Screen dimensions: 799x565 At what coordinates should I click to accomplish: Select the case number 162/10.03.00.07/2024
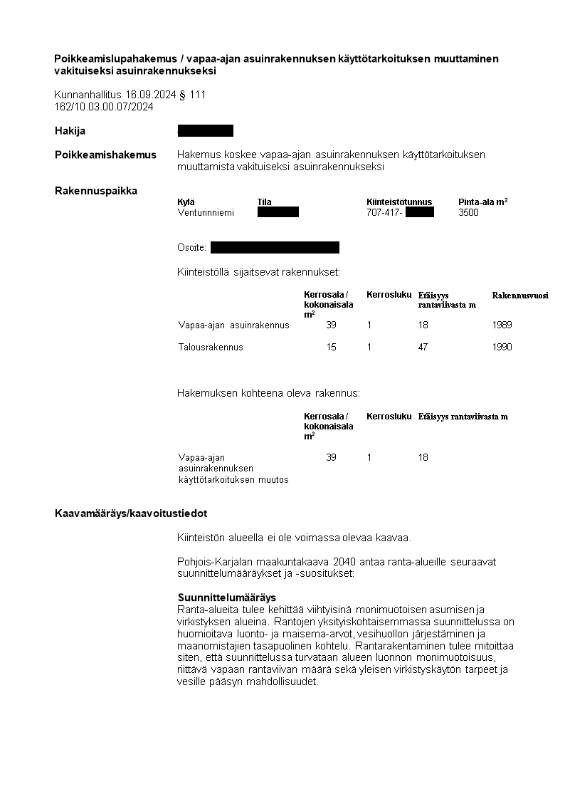click(104, 107)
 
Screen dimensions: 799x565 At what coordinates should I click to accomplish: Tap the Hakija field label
click(70, 131)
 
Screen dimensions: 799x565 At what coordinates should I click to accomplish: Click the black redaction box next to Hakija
click(206, 131)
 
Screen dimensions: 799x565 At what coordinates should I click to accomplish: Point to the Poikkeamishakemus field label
click(105, 155)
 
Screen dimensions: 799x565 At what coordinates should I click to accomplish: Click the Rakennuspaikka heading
click(96, 191)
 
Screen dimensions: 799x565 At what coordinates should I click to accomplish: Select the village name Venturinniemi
click(206, 212)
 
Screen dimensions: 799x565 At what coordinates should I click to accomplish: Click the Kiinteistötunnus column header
click(399, 202)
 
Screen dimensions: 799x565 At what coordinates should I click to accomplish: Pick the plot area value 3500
click(469, 212)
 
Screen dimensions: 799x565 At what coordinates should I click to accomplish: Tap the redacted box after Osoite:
click(275, 248)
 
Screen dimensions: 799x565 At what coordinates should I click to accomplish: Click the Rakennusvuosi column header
click(520, 295)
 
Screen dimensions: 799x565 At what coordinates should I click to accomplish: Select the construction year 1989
click(502, 325)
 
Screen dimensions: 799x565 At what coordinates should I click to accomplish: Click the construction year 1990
click(502, 348)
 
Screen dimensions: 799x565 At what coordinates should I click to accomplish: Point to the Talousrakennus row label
click(211, 348)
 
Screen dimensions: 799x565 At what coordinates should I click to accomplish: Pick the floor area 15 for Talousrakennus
click(332, 348)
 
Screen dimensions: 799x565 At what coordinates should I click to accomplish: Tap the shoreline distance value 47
click(423, 348)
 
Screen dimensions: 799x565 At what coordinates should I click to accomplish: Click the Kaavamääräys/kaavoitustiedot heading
click(131, 513)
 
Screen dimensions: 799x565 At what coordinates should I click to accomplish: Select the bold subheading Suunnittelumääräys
click(226, 597)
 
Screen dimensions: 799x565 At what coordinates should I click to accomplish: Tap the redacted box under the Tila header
click(278, 212)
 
